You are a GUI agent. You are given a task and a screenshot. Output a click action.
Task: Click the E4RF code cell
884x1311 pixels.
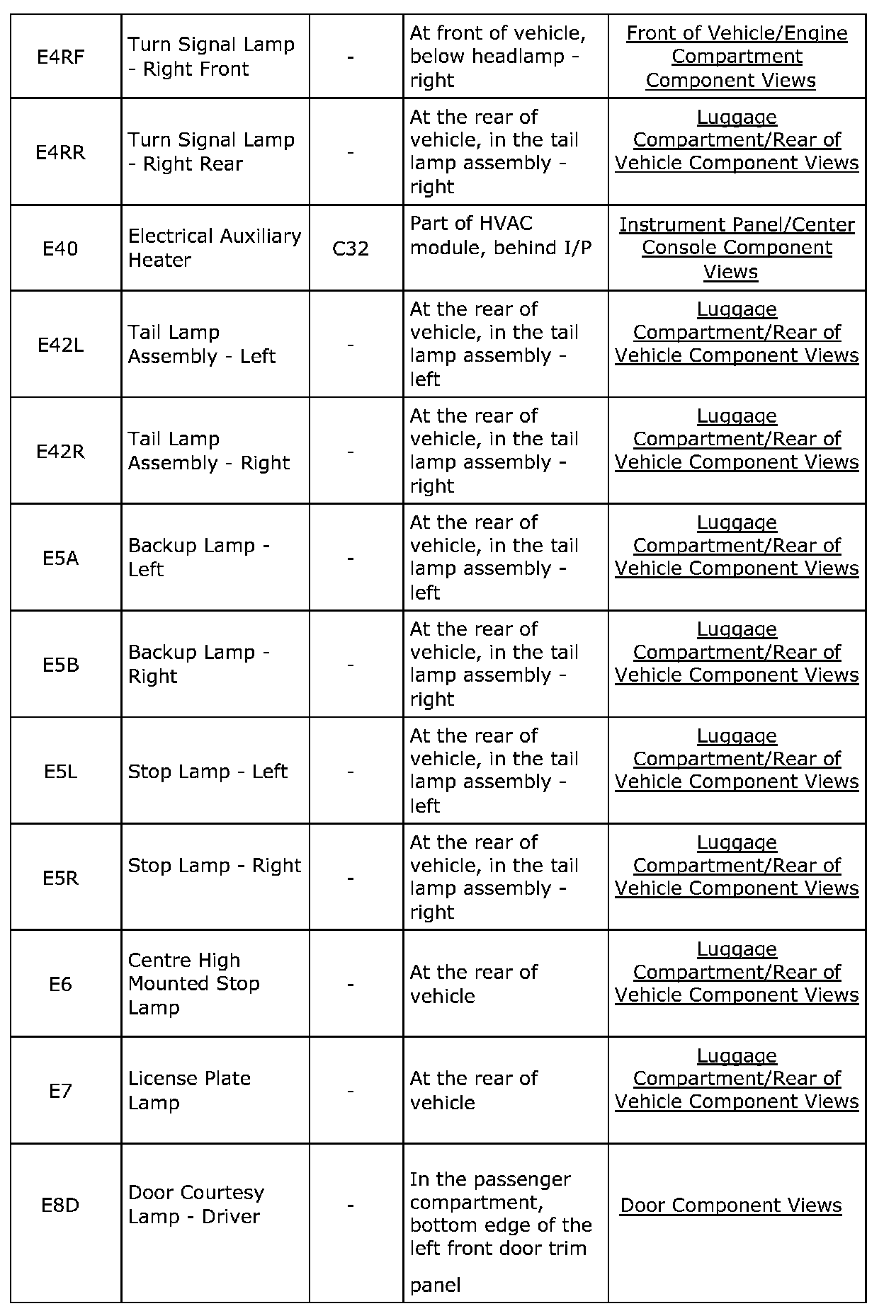(61, 57)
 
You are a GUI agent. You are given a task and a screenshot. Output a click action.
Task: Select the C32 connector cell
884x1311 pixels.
(351, 248)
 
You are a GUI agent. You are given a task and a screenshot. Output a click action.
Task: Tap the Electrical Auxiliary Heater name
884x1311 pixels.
(215, 248)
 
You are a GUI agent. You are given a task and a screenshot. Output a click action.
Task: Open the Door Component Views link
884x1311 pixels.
(731, 1205)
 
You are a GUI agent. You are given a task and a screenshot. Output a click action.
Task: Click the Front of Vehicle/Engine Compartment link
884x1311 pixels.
(737, 57)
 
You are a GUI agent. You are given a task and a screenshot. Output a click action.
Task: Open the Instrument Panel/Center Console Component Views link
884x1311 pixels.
(737, 248)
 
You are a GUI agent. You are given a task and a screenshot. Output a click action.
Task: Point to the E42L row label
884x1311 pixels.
(61, 345)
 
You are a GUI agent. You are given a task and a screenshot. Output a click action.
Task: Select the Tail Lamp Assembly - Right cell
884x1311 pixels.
(209, 451)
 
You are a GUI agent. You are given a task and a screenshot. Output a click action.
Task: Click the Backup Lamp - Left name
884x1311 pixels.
(199, 557)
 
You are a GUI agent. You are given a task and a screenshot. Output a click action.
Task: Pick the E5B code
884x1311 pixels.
(61, 665)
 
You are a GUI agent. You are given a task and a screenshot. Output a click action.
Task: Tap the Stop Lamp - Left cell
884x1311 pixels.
(208, 771)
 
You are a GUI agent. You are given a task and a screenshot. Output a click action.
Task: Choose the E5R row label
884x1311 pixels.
(61, 878)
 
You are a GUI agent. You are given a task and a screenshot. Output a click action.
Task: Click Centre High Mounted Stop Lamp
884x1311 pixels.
(194, 983)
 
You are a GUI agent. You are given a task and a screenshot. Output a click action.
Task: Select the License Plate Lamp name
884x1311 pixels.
(190, 1090)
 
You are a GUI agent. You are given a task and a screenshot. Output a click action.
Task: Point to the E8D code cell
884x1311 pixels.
(61, 1205)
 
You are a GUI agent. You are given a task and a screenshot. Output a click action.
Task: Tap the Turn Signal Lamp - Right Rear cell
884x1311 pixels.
(211, 151)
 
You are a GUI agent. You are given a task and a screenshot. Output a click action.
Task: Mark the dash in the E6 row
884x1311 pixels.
(351, 984)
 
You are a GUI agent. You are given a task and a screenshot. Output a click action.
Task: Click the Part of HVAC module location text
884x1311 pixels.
(501, 236)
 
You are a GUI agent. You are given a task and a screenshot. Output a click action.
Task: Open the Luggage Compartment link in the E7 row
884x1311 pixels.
(737, 1078)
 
